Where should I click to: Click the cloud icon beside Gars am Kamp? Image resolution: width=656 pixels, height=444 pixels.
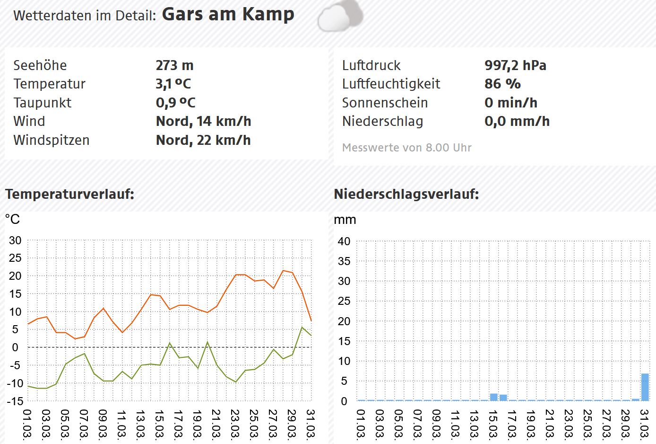tap(340, 17)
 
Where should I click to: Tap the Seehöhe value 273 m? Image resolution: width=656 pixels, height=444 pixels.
tap(174, 65)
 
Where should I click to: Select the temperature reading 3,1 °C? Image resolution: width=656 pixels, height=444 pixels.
tap(173, 84)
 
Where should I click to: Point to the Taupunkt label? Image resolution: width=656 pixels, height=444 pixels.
tap(43, 103)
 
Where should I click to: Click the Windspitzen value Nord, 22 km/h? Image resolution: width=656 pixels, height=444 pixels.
tap(203, 140)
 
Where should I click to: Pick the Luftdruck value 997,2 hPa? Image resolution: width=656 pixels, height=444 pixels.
tap(515, 65)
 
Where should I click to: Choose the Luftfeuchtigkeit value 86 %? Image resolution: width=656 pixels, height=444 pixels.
tap(502, 84)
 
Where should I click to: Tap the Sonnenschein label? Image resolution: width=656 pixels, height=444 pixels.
tap(385, 103)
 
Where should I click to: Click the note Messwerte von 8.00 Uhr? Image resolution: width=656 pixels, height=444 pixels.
tap(406, 148)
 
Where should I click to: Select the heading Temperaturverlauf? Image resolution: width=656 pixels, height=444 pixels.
tap(69, 194)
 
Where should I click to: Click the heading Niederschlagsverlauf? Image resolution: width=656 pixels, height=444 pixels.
tap(406, 194)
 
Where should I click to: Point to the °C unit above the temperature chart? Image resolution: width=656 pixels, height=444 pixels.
tap(12, 219)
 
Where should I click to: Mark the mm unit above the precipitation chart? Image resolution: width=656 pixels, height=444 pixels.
tap(345, 220)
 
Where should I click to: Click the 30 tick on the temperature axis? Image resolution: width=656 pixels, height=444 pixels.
tap(15, 240)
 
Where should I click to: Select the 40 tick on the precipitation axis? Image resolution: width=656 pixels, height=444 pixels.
tap(344, 241)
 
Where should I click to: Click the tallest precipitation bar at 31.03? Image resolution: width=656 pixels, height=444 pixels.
tap(645, 387)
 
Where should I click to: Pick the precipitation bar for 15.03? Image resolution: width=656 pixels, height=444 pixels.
tap(494, 397)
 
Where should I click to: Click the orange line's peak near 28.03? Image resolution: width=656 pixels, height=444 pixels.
tap(283, 271)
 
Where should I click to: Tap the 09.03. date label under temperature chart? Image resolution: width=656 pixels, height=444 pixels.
tap(103, 423)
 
